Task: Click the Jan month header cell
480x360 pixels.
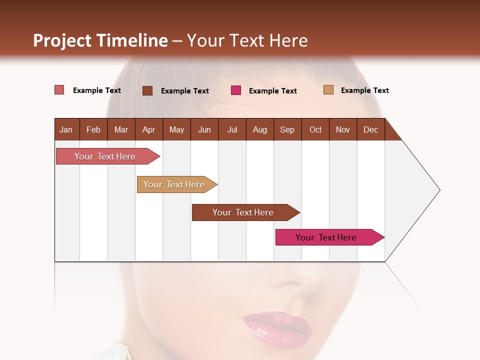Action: tap(66, 129)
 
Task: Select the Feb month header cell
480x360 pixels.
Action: tap(93, 129)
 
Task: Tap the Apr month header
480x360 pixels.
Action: tap(149, 129)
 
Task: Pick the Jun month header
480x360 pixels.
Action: tap(204, 129)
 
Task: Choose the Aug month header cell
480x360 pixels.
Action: tap(260, 129)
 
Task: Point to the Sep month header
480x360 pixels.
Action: tap(287, 129)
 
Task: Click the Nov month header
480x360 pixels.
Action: tap(343, 129)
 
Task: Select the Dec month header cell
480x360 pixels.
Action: tap(371, 129)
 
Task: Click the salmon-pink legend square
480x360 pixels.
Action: tap(59, 90)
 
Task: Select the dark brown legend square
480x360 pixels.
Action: tap(147, 90)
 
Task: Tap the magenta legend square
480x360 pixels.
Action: tap(236, 90)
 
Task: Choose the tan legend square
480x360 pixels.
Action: tap(328, 90)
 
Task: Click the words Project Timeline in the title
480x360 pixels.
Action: tap(100, 40)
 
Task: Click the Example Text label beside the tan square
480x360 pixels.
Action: tap(364, 90)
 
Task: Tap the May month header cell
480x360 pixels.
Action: tap(176, 129)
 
